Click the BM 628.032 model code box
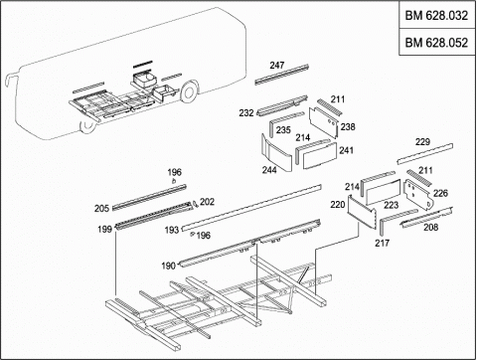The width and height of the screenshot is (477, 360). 436,15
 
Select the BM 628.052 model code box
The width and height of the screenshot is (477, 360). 436,42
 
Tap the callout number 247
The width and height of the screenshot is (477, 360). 277,65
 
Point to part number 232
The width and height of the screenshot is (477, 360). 246,113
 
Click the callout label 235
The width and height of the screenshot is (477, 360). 283,130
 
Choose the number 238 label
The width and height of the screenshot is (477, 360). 348,126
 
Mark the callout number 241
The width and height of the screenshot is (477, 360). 346,150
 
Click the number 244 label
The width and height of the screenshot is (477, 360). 269,170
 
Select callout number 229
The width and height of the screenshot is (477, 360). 422,142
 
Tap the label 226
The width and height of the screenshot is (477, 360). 440,193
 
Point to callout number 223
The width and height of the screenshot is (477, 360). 392,205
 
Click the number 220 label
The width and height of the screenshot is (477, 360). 338,205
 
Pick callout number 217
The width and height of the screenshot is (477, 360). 383,243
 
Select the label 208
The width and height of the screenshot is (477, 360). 431,227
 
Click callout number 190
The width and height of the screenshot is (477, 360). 168,266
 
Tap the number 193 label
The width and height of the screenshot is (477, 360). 172,230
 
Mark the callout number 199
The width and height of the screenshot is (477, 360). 104,229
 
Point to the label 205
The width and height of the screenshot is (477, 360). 101,209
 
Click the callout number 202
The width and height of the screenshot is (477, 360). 207,202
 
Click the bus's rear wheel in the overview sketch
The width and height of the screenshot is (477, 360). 189,92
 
